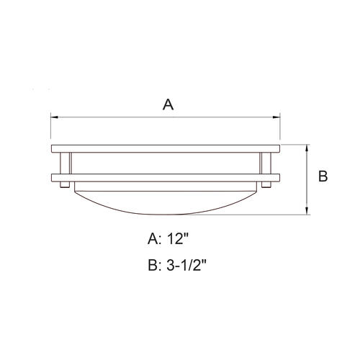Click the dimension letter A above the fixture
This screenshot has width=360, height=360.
tap(168, 104)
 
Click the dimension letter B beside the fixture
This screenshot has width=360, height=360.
tap(323, 176)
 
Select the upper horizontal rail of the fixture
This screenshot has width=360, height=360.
tap(166, 149)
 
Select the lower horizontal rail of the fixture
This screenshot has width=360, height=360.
tap(166, 177)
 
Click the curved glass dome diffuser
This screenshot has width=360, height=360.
tap(166, 198)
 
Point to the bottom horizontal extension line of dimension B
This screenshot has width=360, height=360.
tap(288, 215)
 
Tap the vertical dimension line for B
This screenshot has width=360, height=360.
tap(307, 180)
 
